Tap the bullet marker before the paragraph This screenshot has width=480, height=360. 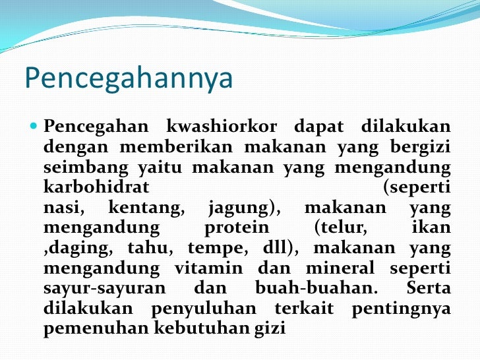(34, 125)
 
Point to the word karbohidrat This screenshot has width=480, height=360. (96, 187)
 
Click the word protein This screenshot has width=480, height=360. (237, 228)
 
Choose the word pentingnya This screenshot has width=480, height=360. (401, 309)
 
